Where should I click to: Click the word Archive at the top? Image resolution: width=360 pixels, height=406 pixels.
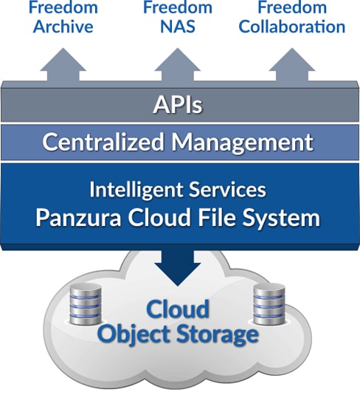63,27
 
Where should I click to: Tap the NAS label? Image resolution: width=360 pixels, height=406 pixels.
178,27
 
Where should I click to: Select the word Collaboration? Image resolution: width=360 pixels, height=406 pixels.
292,27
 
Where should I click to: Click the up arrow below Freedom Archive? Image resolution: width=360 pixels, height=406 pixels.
63,65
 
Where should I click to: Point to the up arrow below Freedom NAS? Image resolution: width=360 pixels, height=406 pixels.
178,65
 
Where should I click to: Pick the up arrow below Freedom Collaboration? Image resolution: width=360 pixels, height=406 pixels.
292,65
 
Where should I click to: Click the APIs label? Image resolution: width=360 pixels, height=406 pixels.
178,105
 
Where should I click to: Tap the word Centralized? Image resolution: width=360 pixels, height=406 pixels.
103,142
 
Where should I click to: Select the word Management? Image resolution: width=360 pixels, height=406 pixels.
243,142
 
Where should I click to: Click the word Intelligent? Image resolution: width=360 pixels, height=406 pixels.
136,190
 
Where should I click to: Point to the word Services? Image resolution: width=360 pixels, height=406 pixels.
227,189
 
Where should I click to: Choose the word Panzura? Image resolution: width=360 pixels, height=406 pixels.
78,218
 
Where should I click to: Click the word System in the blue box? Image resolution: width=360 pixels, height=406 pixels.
281,219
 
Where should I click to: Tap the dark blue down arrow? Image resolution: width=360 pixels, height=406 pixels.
178,268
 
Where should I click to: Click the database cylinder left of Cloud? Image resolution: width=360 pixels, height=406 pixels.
86,303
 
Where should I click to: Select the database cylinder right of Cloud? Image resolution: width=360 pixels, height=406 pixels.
269,304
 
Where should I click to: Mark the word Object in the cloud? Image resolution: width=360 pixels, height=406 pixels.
134,334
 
